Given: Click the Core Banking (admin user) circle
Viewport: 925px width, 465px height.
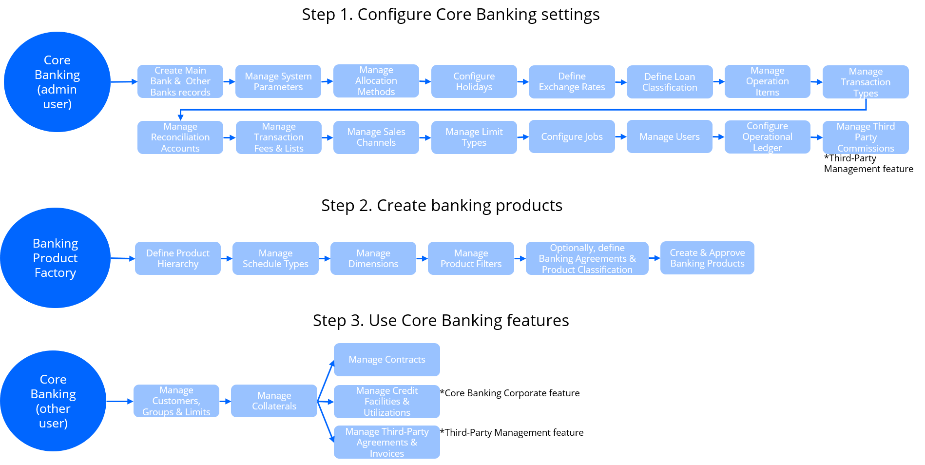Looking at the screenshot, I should click(x=57, y=82).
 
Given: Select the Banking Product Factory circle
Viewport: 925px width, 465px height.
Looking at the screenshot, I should click(x=55, y=258).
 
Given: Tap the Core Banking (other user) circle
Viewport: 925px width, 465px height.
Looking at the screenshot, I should click(x=53, y=401).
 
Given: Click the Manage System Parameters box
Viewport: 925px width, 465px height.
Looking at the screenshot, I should click(x=278, y=81).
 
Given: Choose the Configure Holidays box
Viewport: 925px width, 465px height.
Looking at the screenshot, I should click(x=474, y=81).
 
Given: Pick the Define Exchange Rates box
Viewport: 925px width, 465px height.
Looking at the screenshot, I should click(x=572, y=82).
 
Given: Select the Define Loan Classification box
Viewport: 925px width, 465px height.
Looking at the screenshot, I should click(x=670, y=82).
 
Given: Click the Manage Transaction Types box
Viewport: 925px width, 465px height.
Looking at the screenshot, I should click(x=865, y=82).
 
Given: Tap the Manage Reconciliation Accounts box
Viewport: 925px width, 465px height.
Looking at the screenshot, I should click(x=180, y=137).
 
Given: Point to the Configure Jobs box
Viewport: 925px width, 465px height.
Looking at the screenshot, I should click(x=572, y=137).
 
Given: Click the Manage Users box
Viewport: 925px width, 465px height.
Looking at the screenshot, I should click(x=669, y=137).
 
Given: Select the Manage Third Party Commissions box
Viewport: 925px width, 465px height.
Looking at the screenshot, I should click(x=865, y=137).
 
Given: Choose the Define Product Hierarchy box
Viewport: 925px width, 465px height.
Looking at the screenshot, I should click(x=177, y=258).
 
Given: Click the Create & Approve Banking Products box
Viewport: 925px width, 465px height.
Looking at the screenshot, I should click(x=707, y=258).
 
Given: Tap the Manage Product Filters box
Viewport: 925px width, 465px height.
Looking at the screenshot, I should click(x=471, y=258).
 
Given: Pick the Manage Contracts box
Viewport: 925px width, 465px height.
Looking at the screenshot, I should click(x=386, y=360).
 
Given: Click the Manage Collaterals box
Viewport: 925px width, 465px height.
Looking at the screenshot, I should click(x=274, y=401).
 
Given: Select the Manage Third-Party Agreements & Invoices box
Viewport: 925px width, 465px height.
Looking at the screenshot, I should click(x=386, y=442).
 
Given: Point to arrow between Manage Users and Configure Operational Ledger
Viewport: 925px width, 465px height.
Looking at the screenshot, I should click(x=718, y=137).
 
